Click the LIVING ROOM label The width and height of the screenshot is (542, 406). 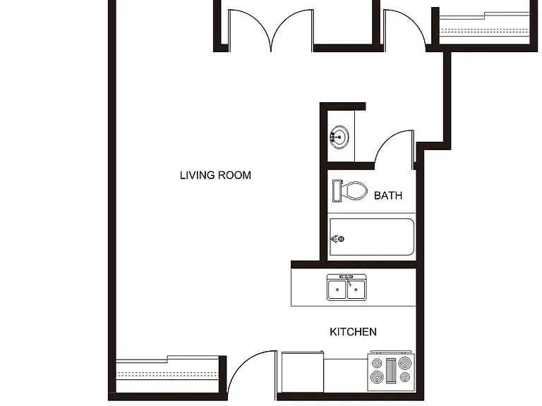(215, 176)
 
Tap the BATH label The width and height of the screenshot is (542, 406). (388, 196)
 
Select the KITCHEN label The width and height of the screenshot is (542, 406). (353, 332)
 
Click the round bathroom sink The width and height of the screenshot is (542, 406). (339, 137)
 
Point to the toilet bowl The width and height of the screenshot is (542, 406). (354, 190)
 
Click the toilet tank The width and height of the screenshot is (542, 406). (337, 190)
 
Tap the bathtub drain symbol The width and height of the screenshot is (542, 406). (341, 238)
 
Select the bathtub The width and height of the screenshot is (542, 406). (372, 237)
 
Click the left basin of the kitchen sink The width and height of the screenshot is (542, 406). (337, 289)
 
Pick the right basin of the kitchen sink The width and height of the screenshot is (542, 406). (356, 289)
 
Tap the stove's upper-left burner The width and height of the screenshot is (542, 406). (377, 363)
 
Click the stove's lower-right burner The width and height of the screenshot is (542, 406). (404, 377)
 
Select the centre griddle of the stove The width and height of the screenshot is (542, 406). (390, 371)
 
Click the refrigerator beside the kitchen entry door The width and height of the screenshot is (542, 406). (303, 372)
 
